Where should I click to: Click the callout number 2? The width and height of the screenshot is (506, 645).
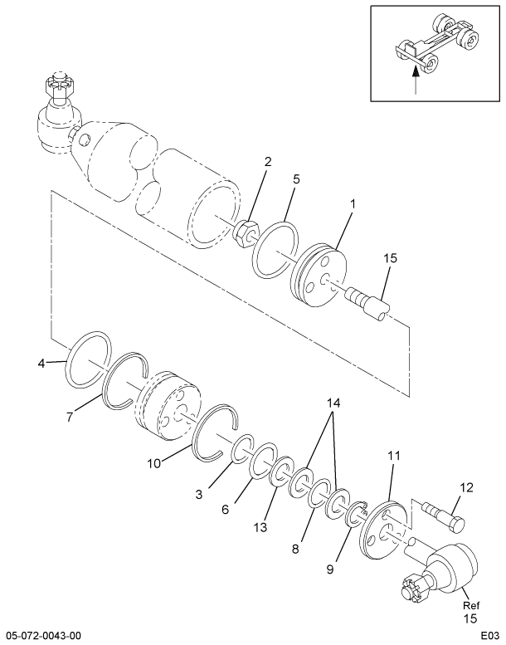[268, 162]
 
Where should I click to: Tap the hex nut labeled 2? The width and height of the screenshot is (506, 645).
[246, 234]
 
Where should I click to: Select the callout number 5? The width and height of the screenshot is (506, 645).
[296, 179]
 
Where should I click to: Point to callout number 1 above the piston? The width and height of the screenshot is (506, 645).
[353, 203]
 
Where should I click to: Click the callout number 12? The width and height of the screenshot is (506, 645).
[466, 488]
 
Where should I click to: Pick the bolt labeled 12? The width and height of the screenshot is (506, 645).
[445, 516]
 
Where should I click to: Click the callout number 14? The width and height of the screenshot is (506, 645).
[333, 403]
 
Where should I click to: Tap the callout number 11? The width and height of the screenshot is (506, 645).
[393, 456]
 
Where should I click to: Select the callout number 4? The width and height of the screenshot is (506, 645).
[41, 364]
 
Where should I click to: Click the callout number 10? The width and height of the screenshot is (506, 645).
[155, 463]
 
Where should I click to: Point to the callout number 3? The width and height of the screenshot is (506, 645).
[199, 494]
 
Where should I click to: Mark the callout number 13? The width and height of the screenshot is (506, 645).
[260, 527]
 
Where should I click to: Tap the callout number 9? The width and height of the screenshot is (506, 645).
[330, 569]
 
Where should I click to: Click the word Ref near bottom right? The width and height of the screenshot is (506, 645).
[471, 605]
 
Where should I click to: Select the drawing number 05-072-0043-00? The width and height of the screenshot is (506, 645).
[43, 636]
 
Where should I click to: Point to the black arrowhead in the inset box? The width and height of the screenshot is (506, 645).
[416, 71]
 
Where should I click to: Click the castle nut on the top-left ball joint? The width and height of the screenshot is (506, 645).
[59, 85]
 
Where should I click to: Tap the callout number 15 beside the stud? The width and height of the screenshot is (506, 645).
[391, 258]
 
